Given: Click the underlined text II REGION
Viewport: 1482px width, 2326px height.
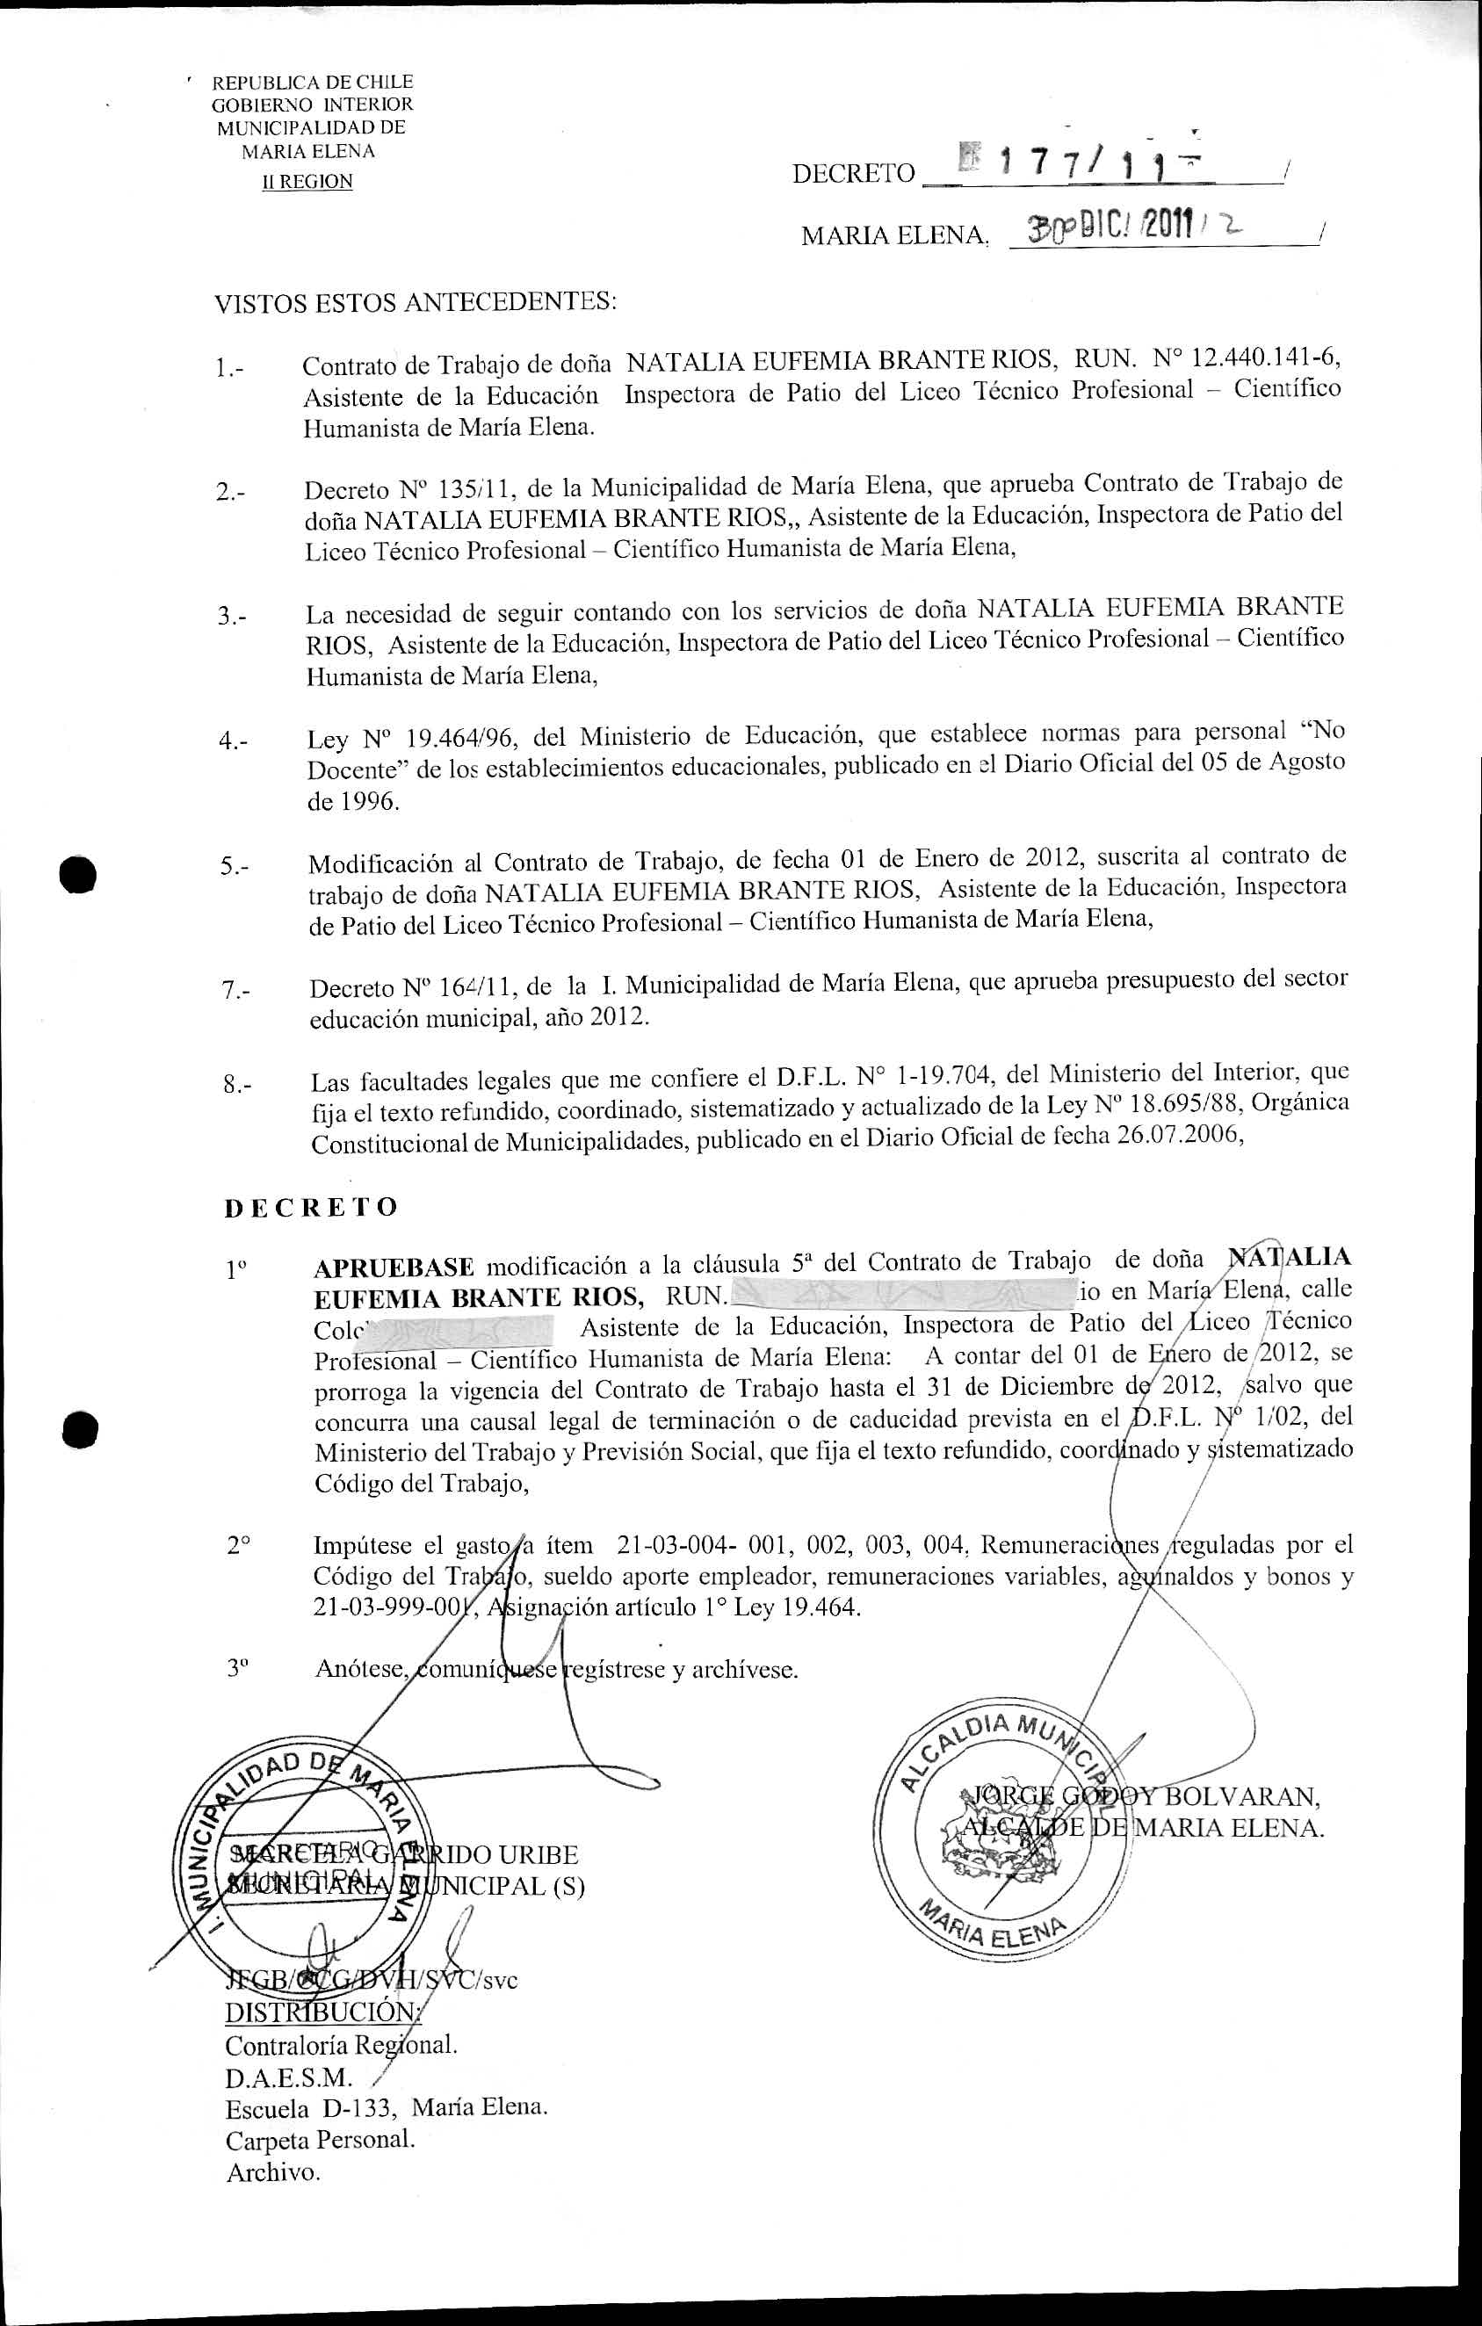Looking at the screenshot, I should pos(308,182).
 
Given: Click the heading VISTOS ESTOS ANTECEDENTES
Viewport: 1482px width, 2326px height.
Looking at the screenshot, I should pos(415,302).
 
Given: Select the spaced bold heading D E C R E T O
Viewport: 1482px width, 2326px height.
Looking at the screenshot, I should pos(311,1208).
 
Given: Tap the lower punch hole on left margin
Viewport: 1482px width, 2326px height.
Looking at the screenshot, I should pos(78,1431).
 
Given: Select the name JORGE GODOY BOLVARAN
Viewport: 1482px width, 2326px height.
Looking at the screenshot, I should pos(1140,1796).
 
